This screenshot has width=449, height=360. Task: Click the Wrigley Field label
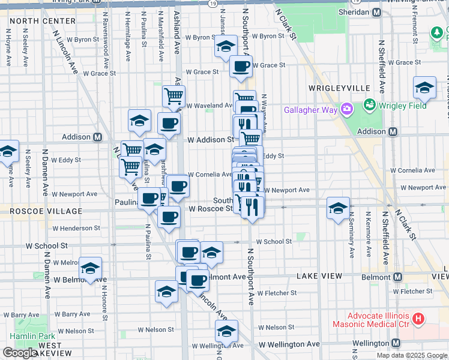(x=402, y=106)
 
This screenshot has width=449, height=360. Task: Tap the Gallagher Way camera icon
(x=346, y=109)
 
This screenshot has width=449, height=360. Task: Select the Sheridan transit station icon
(x=377, y=13)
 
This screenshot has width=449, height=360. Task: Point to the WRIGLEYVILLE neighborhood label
(x=339, y=88)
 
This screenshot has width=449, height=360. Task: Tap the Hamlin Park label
(x=32, y=336)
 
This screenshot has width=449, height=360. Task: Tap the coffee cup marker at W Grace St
(x=241, y=67)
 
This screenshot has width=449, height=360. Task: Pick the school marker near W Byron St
(x=226, y=46)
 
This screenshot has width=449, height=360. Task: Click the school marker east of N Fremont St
(x=424, y=88)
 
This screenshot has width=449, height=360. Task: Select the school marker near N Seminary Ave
(x=338, y=208)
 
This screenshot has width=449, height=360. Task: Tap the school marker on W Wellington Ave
(x=226, y=331)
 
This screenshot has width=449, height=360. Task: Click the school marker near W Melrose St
(x=90, y=268)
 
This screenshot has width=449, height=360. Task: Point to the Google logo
(x=20, y=353)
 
